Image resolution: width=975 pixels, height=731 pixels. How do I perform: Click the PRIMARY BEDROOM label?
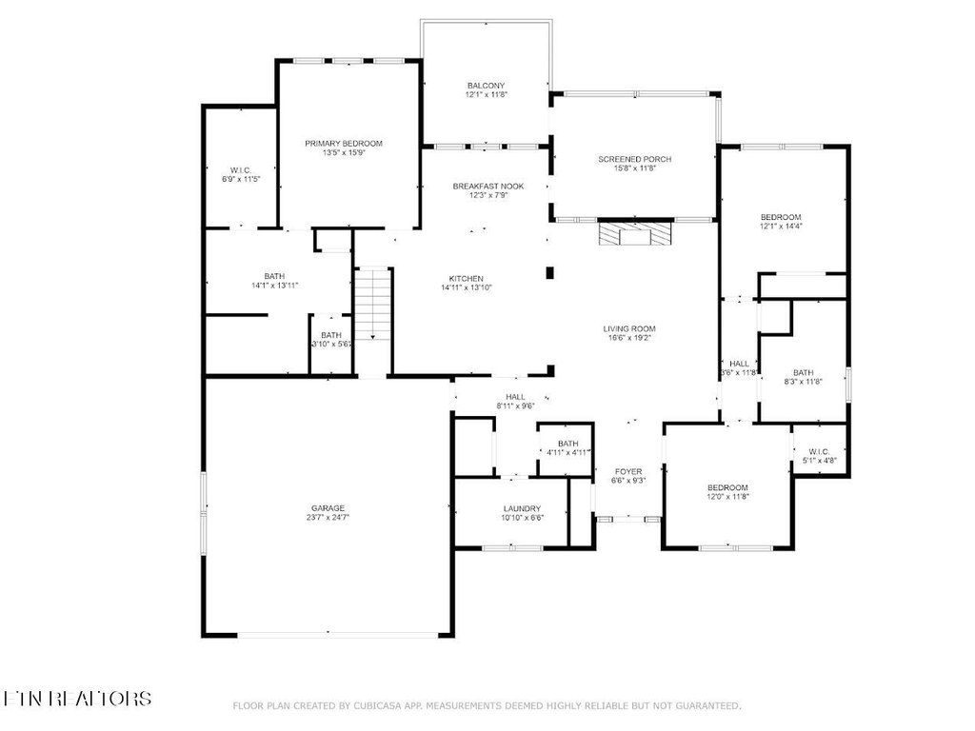[x=344, y=144]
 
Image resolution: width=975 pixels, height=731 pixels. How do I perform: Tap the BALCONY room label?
[x=486, y=85]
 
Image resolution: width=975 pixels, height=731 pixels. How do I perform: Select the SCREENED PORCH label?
[x=634, y=159]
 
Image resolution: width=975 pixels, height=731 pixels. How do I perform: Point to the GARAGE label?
[x=327, y=508]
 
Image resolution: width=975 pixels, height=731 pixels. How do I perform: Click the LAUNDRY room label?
[x=522, y=508]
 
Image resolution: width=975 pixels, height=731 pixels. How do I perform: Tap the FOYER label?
[x=627, y=471]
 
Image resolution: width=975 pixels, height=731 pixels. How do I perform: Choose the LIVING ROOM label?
[x=629, y=329]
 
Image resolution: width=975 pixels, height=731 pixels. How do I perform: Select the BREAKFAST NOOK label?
[x=487, y=186]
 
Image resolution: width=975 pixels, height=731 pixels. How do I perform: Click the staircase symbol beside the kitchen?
[x=372, y=305]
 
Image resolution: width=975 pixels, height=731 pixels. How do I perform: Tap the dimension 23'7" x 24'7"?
[x=327, y=518]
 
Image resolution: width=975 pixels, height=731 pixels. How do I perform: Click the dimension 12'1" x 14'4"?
[x=780, y=227]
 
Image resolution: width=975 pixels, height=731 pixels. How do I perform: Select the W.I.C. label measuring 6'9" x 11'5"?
[x=241, y=169]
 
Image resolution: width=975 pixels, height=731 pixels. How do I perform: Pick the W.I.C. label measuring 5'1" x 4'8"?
[x=819, y=451]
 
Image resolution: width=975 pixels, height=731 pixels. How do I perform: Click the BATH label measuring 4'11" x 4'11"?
[x=567, y=444]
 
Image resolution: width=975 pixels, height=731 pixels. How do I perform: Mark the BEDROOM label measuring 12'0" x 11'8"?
[x=727, y=487]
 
